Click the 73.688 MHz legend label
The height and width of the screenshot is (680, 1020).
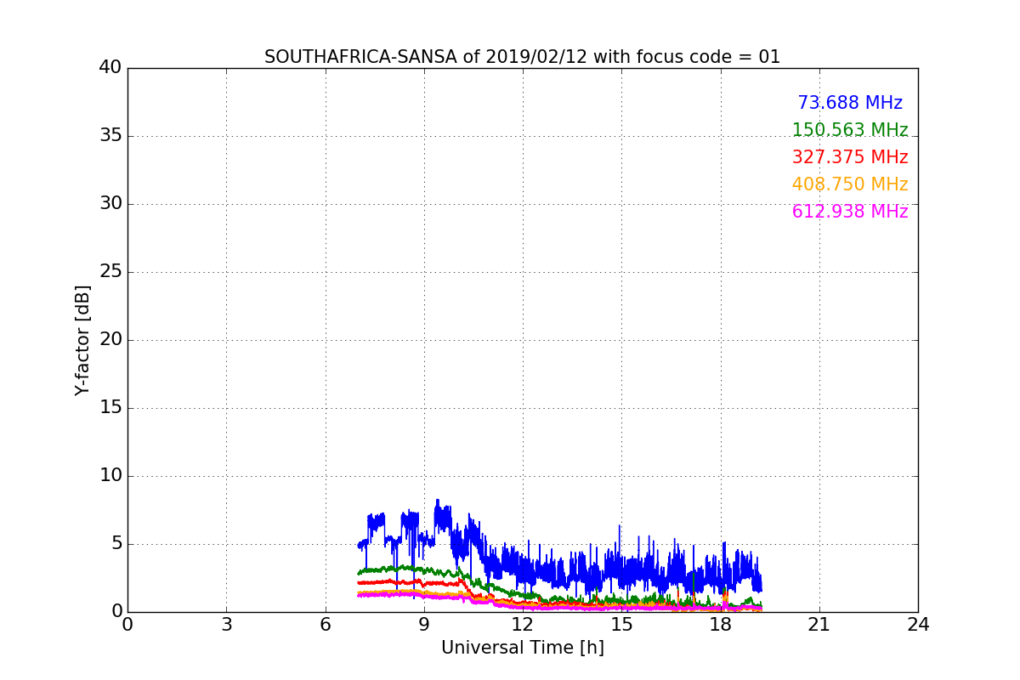850,103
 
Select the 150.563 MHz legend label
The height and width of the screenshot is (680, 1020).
850,130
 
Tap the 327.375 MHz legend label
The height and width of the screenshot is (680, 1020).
850,157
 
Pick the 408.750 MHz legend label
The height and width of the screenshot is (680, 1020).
850,184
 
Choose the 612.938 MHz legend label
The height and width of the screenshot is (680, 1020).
850,212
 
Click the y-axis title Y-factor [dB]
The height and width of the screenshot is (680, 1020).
82,340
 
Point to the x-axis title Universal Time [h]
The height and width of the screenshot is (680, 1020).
522,648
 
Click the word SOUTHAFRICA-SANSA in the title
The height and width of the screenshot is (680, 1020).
341,57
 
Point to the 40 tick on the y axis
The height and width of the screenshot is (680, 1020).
110,68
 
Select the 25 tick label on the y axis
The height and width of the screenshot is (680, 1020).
110,272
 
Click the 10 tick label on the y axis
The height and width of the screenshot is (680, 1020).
110,476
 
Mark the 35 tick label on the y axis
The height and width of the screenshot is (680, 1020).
110,136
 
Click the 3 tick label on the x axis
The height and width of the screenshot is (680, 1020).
226,625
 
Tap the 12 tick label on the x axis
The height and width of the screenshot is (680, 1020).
522,625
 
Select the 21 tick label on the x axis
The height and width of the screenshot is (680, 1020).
819,625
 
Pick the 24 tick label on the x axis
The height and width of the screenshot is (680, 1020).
917,625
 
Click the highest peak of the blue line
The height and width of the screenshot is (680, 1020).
438,500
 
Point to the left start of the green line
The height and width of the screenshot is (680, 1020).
359,573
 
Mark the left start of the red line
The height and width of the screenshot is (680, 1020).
359,582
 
